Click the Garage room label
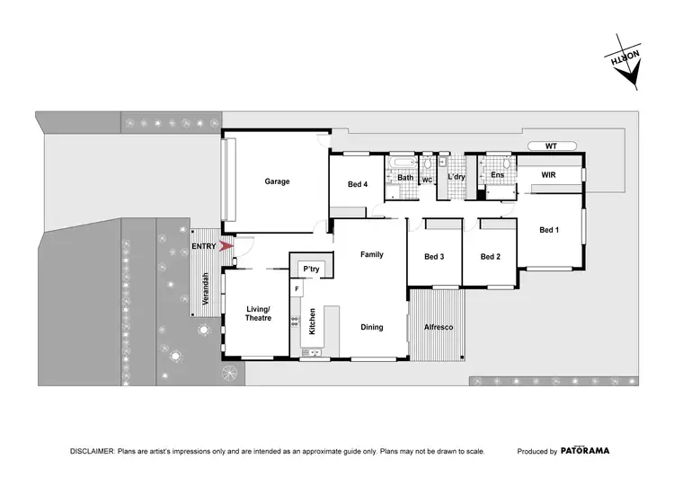pos(277,181)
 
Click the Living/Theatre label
pos(258,314)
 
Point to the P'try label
pos(312,269)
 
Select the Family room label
pos(372,254)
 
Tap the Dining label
pos(372,327)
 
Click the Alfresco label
pos(438,327)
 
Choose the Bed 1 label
pos(549,230)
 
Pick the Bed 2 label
pos(490,257)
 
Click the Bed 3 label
pos(434,257)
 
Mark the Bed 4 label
pos(358,185)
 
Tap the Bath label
pos(405,178)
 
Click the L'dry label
pos(457,178)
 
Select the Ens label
pos(497,175)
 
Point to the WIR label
pos(550,175)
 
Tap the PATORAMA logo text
pos(588,451)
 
